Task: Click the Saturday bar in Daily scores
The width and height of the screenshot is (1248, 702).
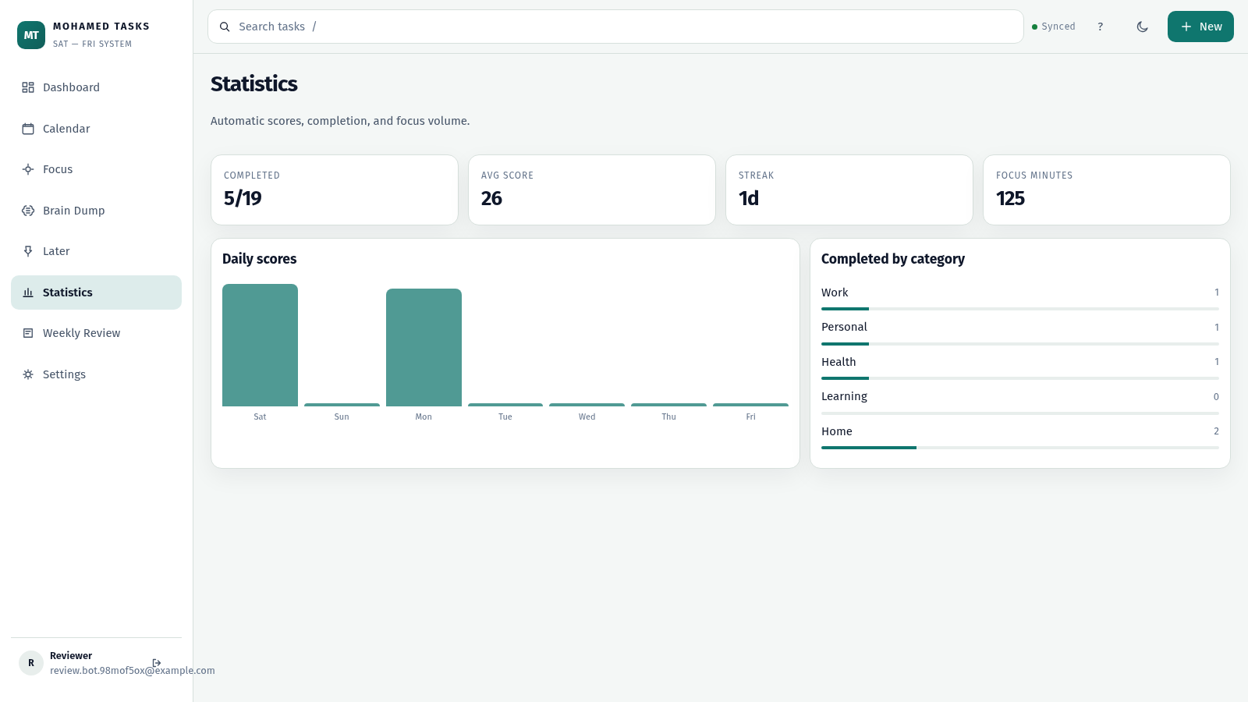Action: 260,345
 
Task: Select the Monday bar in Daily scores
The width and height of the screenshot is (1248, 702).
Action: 424,347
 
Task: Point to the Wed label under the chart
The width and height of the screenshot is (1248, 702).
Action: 587,417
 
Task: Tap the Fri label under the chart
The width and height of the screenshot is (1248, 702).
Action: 750,417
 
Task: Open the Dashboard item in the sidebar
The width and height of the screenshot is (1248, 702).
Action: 71,87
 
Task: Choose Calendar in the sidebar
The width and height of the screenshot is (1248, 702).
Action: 66,129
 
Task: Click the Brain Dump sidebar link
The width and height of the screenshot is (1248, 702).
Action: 73,211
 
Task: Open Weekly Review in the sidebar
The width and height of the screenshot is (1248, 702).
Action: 81,333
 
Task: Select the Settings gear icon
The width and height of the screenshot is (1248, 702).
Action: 28,374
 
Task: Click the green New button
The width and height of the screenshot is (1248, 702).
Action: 1200,27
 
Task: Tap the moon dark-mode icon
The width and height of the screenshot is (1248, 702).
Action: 1142,27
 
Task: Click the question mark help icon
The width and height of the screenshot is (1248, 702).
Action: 1101,27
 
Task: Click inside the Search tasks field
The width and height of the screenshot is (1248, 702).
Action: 615,27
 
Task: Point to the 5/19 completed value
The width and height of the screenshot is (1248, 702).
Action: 243,198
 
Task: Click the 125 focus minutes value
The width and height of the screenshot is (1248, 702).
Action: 1010,198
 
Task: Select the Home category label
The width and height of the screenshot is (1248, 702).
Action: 836,431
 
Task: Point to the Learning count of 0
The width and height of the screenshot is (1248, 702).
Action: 1216,397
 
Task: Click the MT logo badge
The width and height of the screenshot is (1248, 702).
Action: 31,35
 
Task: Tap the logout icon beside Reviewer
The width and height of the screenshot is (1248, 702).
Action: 157,663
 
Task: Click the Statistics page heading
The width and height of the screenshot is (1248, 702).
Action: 254,84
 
